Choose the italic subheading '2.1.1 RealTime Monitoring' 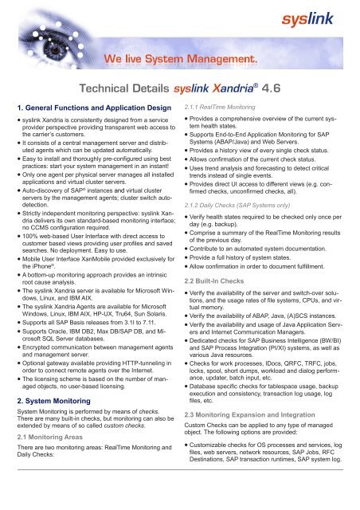[x=224, y=105]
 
